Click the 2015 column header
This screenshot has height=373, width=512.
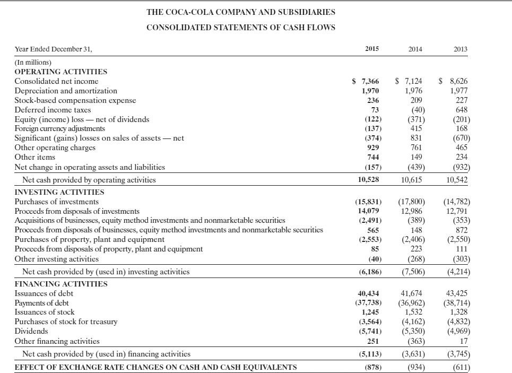(x=372, y=49)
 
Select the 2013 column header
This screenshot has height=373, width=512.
(x=459, y=49)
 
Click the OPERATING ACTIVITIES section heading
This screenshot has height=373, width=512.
(x=60, y=72)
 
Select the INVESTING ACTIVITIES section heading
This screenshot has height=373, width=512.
(x=59, y=192)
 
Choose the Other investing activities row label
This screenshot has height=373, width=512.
(x=56, y=259)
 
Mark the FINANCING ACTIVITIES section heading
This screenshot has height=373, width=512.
(x=60, y=284)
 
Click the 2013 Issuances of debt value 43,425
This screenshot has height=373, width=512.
(x=457, y=293)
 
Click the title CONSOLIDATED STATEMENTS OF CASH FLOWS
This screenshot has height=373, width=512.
(x=241, y=28)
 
